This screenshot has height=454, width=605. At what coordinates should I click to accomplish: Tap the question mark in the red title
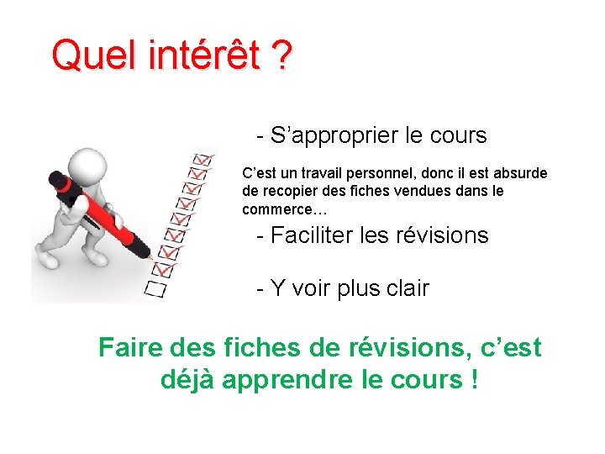coord(281,56)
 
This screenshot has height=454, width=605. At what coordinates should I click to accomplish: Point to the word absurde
coord(520,173)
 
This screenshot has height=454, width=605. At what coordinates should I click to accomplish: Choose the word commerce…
coord(284,209)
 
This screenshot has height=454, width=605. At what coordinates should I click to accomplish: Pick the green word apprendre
coord(281,380)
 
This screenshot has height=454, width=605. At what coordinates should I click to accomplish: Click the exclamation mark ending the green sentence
coord(476,380)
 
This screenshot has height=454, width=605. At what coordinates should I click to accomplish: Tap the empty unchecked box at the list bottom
coord(156,290)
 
